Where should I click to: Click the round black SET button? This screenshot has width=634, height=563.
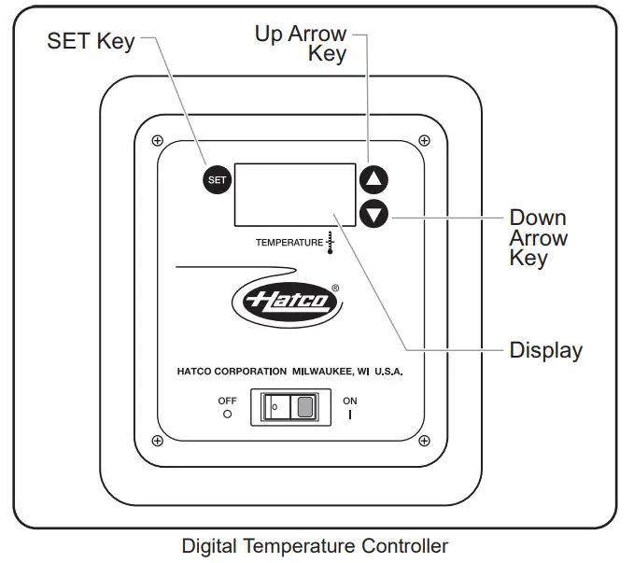point(217,180)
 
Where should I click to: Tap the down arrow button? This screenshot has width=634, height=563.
point(373,214)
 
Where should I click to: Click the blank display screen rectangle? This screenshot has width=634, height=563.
point(294,194)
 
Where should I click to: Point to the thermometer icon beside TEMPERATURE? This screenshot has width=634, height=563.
point(330,241)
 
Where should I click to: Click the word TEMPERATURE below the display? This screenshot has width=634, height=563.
point(289,243)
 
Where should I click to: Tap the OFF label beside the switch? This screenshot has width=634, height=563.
point(227,401)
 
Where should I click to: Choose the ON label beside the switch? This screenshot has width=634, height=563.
point(350,401)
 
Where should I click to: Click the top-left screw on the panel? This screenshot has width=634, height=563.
point(157,141)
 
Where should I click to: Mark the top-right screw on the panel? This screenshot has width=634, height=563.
point(425,141)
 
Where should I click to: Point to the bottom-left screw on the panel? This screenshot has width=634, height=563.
point(157,440)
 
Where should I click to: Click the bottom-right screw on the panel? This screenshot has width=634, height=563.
point(425,440)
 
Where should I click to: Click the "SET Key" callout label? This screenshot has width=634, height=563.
point(91,42)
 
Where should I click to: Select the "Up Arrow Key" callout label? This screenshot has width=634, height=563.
point(302,44)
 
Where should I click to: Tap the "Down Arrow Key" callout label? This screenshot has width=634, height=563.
point(538,238)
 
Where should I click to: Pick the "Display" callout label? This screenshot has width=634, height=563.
point(545,351)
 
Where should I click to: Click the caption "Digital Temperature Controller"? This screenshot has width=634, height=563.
point(315,546)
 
